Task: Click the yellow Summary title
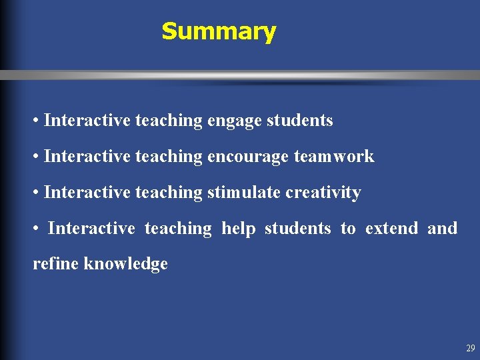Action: tap(219, 31)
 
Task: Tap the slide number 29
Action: tap(471, 348)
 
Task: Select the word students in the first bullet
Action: tap(299, 121)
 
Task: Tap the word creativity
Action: tap(323, 193)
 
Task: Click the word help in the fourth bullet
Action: tap(239, 228)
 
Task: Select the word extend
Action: tap(392, 228)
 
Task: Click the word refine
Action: tap(56, 264)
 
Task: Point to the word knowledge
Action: tap(126, 264)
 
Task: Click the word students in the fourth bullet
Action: tap(297, 228)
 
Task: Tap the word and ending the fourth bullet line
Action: tap(442, 228)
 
